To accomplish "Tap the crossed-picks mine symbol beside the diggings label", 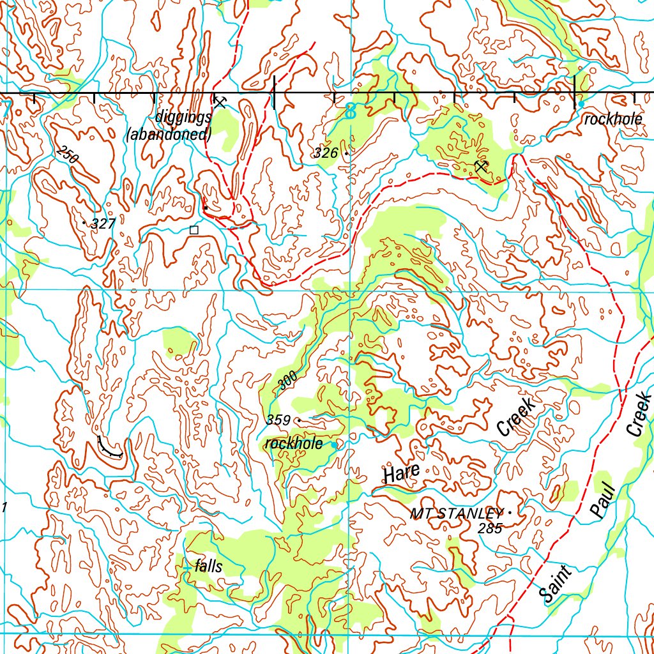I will [x=220, y=102].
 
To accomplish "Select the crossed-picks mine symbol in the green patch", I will [x=482, y=167].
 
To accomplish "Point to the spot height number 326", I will [x=325, y=153].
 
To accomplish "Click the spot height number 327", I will [x=103, y=224].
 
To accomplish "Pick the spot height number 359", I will [x=278, y=420].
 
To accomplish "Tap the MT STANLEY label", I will [x=456, y=513].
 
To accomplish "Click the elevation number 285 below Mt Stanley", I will [x=490, y=528].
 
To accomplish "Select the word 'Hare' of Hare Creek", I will [x=401, y=473].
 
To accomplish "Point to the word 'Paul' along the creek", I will [x=602, y=501].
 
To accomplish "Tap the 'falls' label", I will [x=209, y=566].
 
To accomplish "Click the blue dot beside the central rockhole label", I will [x=334, y=444].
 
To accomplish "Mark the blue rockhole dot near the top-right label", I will [x=581, y=104].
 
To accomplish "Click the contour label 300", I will [x=288, y=381].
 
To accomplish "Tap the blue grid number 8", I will [x=349, y=112].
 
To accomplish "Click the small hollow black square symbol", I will [x=194, y=229].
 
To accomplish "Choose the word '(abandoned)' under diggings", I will [x=169, y=135].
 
